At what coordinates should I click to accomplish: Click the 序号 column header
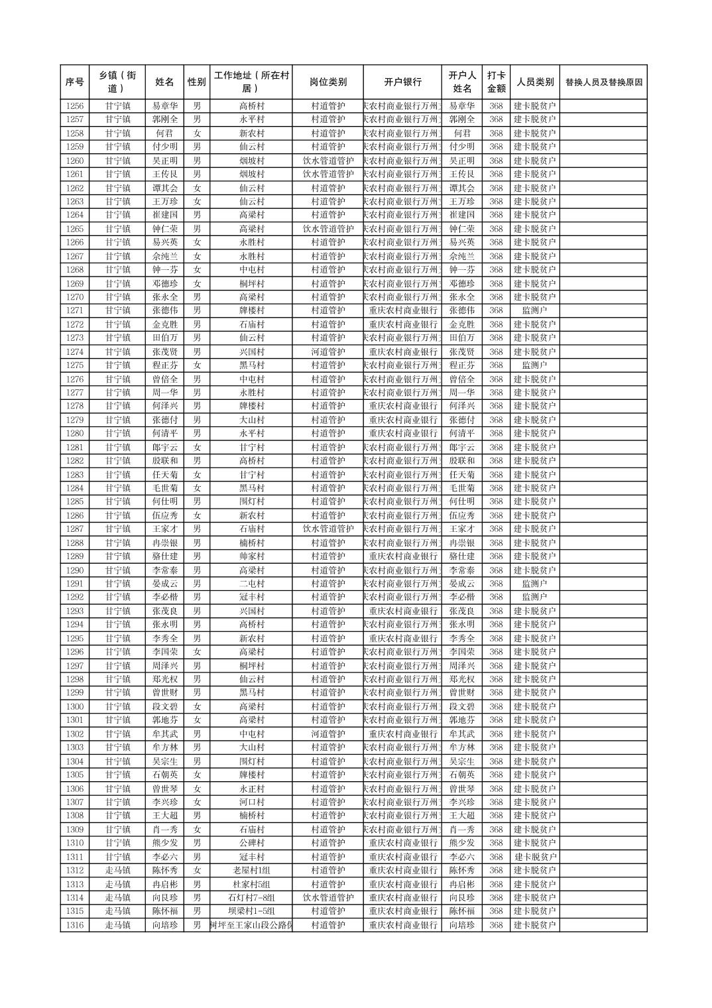pos(75,82)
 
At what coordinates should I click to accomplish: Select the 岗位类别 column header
pos(327,82)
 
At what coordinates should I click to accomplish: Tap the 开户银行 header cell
pos(402,82)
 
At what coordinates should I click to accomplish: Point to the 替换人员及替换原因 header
pos(603,82)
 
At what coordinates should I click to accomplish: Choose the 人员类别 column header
pos(535,82)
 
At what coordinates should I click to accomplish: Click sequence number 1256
pos(75,106)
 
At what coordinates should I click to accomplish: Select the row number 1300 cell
pos(75,707)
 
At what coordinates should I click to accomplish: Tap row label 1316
pos(75,925)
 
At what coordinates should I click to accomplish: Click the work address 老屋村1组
pos(252,871)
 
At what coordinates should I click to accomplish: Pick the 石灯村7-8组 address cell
pos(252,898)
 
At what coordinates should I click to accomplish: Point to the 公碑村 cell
pos(252,843)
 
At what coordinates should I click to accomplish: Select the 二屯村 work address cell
pos(252,584)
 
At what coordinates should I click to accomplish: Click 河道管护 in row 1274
pos(327,351)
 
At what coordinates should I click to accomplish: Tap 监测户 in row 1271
pos(535,311)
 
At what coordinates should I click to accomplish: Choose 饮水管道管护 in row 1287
pos(327,529)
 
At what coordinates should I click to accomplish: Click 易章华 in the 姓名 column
pos(165,106)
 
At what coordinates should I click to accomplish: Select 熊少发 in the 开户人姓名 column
pos(462,843)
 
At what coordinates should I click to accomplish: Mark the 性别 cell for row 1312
pos(197,871)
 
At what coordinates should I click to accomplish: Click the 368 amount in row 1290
pos(496,570)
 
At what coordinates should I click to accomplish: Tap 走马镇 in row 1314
pos(117,898)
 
